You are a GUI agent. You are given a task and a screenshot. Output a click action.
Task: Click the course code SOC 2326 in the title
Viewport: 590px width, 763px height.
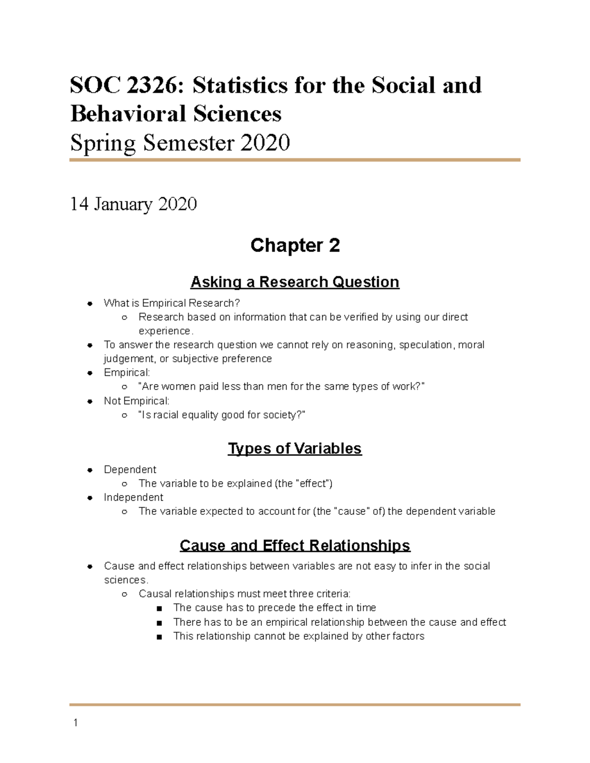click(x=123, y=85)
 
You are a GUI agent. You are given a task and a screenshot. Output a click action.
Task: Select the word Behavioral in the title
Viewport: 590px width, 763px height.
click(x=128, y=114)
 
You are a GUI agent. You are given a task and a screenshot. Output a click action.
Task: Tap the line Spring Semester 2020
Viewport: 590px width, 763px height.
click(x=180, y=143)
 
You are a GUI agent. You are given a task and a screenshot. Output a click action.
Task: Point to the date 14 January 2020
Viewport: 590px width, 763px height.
click(x=133, y=204)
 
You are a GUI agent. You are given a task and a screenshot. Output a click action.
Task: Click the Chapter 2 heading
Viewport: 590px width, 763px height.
click(x=295, y=245)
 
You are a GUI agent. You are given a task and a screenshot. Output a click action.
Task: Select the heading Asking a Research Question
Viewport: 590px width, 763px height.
click(x=295, y=282)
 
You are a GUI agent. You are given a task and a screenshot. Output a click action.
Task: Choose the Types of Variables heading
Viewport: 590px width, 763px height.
click(x=295, y=449)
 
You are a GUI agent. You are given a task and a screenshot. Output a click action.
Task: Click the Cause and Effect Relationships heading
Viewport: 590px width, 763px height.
click(x=295, y=545)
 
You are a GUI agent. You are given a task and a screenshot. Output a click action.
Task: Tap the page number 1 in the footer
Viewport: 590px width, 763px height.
click(x=75, y=723)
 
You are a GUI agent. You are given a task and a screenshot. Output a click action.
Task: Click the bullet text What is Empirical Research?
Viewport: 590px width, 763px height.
click(x=172, y=303)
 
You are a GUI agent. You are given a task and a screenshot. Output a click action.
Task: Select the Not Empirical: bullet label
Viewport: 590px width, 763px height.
click(x=136, y=401)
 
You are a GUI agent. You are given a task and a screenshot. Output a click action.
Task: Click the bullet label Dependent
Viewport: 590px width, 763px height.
click(x=130, y=470)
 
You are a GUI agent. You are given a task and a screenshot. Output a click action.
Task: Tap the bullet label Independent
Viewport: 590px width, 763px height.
click(x=133, y=497)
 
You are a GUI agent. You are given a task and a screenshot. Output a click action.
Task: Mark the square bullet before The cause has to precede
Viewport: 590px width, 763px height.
click(x=159, y=608)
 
